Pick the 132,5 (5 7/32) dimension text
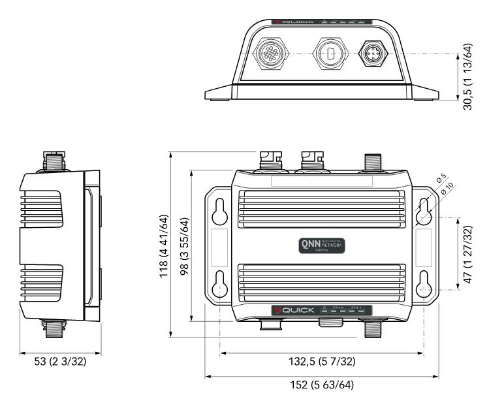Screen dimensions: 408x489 point(322,362)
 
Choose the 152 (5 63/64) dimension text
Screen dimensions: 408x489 point(322,384)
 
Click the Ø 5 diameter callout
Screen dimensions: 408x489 point(441,178)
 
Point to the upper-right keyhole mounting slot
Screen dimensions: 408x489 point(424,210)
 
